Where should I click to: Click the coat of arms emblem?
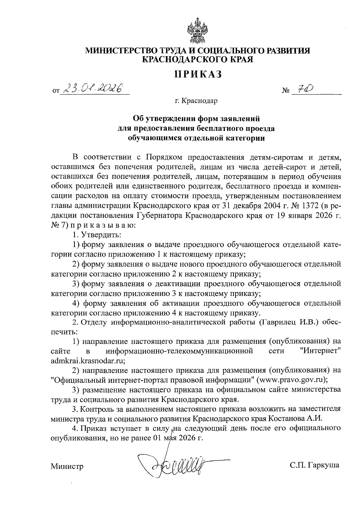point(198,31)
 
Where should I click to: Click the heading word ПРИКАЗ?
point(198,74)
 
